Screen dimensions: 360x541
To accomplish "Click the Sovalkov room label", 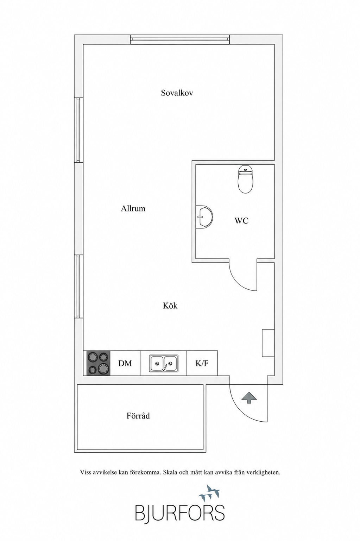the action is point(177,93).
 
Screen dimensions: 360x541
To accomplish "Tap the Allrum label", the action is point(133,208).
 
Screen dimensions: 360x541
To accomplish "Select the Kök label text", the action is point(170,306).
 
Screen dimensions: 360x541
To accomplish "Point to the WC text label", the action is point(241,221).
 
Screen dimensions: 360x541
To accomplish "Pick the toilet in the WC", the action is point(245,179).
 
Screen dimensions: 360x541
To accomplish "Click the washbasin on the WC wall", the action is point(204,216).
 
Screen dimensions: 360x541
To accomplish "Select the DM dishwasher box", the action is point(125,363).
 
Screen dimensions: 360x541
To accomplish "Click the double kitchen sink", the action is point(164,363).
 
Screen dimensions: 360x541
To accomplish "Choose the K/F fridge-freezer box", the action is point(202,363).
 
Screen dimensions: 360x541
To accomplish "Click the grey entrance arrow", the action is point(249,398).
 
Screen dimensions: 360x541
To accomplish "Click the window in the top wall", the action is point(180,40).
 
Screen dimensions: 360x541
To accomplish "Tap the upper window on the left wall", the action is point(78,130).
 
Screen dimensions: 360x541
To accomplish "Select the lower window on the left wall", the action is point(78,286).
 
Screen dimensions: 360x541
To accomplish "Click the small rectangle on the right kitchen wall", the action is point(268,343).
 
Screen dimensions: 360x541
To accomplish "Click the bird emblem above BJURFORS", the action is point(209,492).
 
